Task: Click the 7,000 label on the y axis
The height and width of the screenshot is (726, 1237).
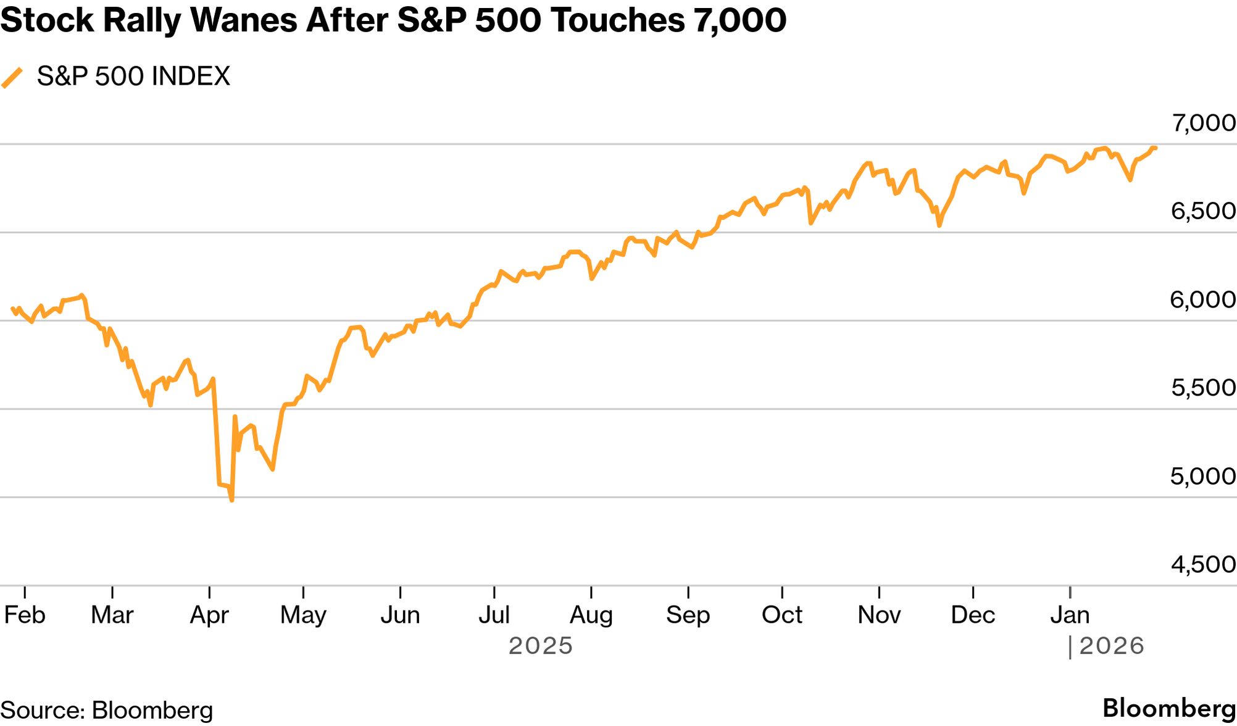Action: point(1203,123)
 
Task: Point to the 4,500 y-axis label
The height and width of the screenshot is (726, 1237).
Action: point(1203,564)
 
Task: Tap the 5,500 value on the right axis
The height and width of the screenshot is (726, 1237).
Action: point(1203,388)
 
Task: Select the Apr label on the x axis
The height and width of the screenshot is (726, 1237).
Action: point(209,615)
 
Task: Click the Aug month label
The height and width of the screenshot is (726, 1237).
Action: point(591,615)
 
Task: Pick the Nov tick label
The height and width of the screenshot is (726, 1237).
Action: point(879,615)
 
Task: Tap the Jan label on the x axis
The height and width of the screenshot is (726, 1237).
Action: point(1070,615)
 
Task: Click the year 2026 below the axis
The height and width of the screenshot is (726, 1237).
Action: point(1112,646)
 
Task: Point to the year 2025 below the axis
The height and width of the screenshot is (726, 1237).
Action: point(541,646)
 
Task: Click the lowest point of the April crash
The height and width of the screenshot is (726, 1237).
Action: point(231,500)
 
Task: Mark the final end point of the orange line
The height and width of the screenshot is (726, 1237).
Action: point(1156,148)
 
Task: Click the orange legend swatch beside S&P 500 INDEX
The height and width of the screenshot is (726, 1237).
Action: point(12,78)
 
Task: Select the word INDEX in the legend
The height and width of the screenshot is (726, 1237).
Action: point(191,77)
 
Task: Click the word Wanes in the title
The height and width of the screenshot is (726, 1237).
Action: point(245,20)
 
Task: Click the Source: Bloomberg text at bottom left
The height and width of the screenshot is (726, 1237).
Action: point(106,710)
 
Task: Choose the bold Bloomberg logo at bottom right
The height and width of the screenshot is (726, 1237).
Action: point(1169,708)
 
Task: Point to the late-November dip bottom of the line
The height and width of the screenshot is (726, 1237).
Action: point(939,226)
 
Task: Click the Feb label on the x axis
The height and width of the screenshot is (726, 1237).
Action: point(25,615)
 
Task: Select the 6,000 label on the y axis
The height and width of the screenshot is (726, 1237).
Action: point(1203,300)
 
